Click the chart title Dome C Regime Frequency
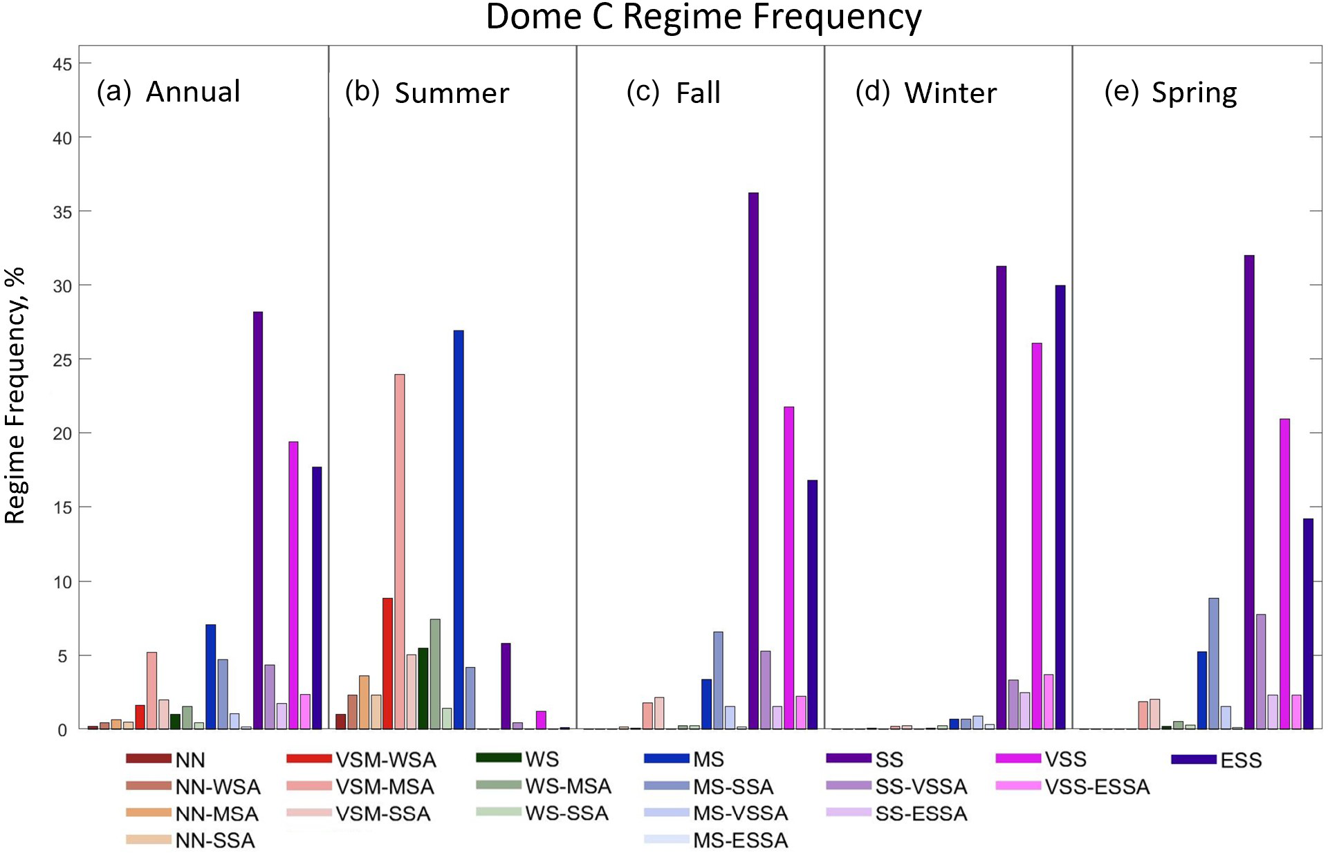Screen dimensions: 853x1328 (703, 17)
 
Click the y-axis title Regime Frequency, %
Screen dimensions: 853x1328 (15, 395)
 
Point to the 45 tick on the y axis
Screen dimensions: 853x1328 (62, 64)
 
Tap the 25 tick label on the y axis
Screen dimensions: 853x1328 (62, 360)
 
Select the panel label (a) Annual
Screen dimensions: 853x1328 (169, 92)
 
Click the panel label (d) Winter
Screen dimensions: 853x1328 (926, 93)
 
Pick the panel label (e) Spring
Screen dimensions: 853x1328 (1170, 93)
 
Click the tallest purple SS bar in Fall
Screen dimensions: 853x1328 (753, 460)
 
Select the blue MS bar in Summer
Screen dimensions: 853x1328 (459, 529)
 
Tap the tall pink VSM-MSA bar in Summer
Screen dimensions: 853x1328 (400, 552)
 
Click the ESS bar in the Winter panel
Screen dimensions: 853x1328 (1060, 507)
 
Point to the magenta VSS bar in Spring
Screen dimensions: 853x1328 (1284, 574)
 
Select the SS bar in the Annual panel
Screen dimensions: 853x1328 (258, 520)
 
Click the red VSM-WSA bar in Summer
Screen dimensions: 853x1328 (388, 663)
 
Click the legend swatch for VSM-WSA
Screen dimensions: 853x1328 (309, 759)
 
